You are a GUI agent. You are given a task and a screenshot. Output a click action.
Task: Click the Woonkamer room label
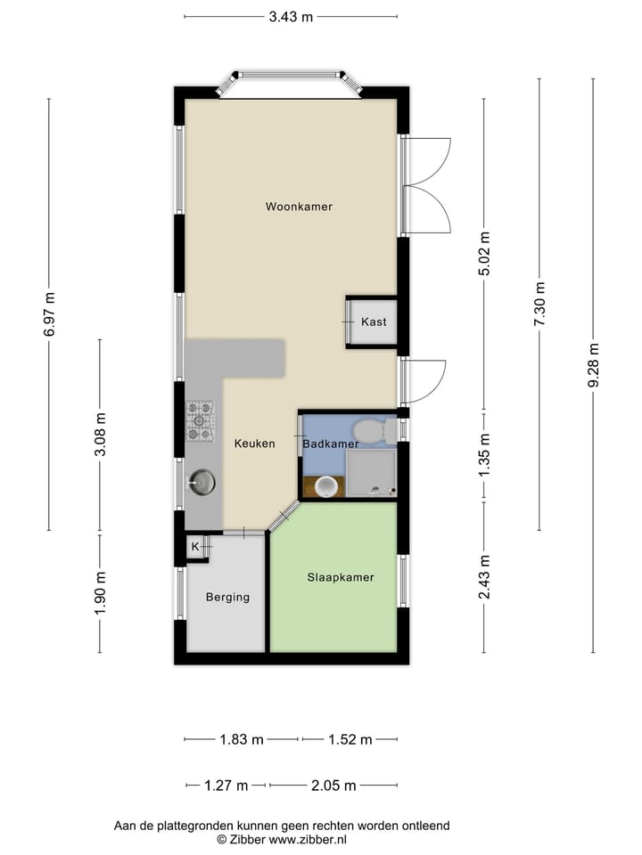tap(299, 207)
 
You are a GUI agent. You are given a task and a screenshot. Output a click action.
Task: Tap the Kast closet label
tap(374, 322)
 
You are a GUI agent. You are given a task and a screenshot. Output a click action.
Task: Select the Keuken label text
tap(254, 444)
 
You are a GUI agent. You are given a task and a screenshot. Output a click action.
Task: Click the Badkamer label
tap(330, 444)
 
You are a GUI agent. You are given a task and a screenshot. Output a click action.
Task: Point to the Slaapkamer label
tap(340, 577)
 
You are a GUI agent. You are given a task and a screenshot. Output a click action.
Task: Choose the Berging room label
tap(227, 597)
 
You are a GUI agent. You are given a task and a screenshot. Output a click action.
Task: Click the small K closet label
tap(194, 546)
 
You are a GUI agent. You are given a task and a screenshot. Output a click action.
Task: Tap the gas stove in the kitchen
tap(200, 420)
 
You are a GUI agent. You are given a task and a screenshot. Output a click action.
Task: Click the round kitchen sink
tap(201, 482)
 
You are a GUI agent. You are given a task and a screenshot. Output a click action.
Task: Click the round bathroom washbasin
tap(326, 486)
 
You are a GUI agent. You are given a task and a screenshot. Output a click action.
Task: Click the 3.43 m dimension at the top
tap(291, 16)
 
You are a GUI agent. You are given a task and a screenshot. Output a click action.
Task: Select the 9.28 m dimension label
tap(593, 366)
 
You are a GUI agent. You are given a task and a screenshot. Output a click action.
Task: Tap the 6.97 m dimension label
tap(49, 313)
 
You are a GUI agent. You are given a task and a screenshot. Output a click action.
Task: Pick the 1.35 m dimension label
tap(484, 454)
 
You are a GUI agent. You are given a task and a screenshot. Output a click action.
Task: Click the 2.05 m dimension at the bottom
tap(333, 786)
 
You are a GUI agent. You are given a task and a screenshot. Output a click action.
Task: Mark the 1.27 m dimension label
tap(226, 786)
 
